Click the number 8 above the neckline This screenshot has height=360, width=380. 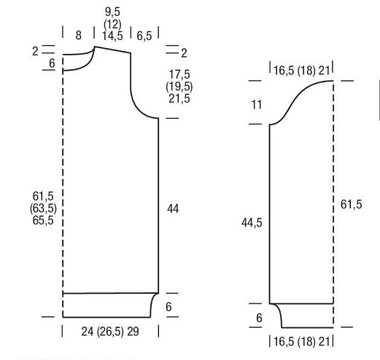click(x=78, y=36)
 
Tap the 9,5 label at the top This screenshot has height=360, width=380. click(x=112, y=12)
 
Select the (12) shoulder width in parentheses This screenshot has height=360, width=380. click(x=112, y=24)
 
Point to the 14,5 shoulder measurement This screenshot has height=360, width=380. click(x=112, y=36)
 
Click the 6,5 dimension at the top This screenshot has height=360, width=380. click(x=144, y=36)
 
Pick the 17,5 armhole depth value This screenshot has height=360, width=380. click(x=179, y=74)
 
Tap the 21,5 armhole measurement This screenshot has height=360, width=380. click(x=179, y=98)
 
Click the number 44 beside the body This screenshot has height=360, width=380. click(x=173, y=208)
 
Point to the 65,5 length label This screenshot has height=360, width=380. click(x=43, y=220)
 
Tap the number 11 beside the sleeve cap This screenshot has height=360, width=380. click(x=257, y=105)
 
